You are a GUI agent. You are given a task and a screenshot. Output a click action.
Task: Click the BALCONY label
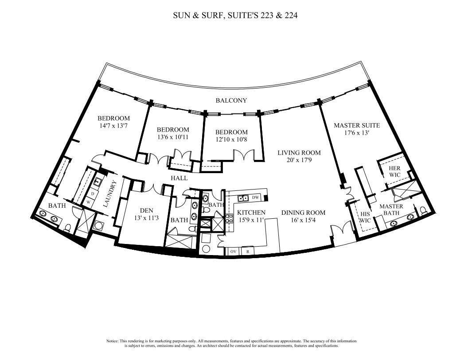[231, 101]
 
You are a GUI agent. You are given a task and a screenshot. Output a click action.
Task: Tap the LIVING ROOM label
[299, 153]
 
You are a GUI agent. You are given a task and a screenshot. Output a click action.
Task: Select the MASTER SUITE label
[357, 125]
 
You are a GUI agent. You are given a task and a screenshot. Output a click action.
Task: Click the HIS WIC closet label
[365, 217]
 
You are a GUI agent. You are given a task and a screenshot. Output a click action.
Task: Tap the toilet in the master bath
[423, 210]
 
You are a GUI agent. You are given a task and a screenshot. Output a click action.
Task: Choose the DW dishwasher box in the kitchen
[255, 197]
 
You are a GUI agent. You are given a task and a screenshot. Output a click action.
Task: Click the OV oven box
[233, 251]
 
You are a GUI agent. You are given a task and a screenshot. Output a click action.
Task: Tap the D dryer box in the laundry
[92, 194]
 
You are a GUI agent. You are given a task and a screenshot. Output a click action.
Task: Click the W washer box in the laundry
[88, 201]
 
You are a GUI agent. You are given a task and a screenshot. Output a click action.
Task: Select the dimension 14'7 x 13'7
[113, 126]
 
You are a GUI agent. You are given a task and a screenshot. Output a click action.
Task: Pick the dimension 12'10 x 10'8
[231, 139]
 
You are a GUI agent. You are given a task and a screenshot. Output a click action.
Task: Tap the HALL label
[179, 178]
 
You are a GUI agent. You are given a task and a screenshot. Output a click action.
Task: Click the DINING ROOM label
[303, 213]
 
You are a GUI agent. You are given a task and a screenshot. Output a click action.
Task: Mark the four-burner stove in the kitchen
[229, 219]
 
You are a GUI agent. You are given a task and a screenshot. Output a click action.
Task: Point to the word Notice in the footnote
[112, 341]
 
